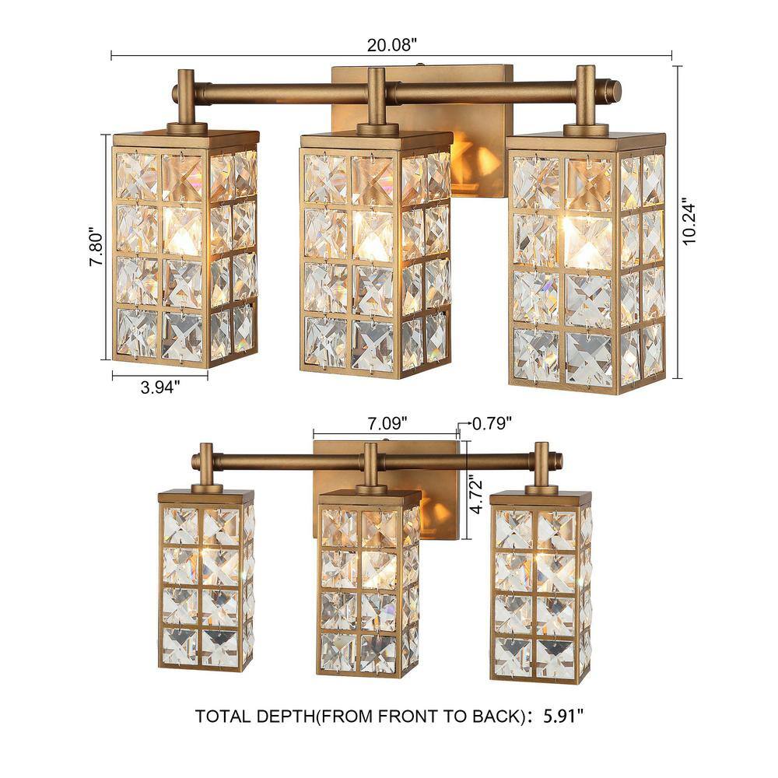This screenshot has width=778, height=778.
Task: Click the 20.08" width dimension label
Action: coord(390,44)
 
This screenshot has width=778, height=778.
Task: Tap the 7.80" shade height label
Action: coord(96,247)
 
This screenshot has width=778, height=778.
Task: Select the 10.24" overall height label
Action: coord(689,222)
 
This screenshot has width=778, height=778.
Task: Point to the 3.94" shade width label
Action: coord(159,387)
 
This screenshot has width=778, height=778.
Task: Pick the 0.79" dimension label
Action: coord(492,423)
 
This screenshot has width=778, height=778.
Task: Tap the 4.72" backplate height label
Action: coord(476,495)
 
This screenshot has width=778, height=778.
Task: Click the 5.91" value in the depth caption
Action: coord(563,716)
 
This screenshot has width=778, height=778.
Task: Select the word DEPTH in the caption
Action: coord(285,717)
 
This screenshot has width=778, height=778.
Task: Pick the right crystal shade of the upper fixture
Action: coord(587,263)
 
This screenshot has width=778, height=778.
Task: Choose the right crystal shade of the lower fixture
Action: coord(541,586)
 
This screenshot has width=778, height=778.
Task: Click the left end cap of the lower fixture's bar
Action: coord(195,462)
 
